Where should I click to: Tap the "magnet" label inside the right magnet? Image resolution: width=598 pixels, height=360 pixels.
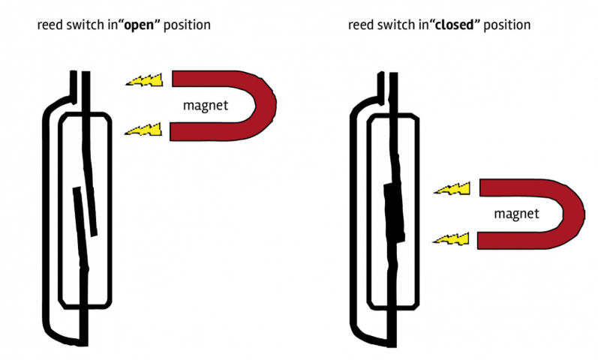pyautogui.click(x=515, y=214)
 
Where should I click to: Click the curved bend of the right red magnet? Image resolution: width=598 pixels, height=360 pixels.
pyautogui.click(x=574, y=214)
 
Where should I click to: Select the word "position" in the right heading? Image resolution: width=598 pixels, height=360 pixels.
pyautogui.click(x=508, y=25)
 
